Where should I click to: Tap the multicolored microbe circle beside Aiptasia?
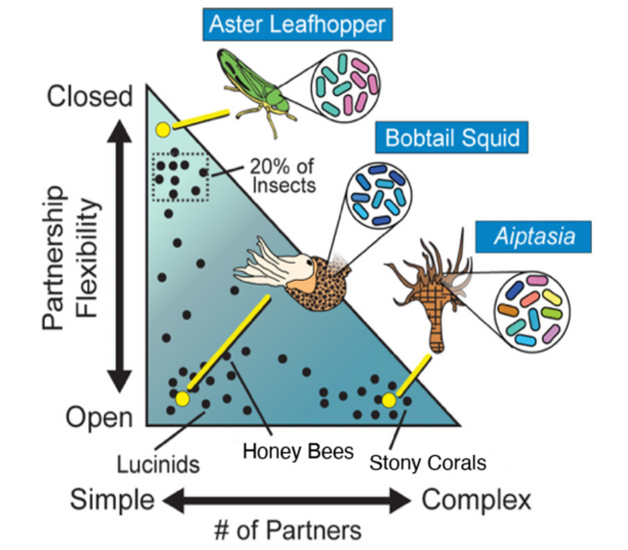coord(533,310)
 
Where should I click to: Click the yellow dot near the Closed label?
coord(162,129)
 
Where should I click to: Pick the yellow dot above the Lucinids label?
coord(183,398)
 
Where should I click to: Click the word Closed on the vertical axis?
coord(90,96)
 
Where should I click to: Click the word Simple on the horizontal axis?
coord(113,499)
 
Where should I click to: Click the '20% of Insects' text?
coord(282,177)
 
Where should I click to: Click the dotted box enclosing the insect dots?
coord(180,175)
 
